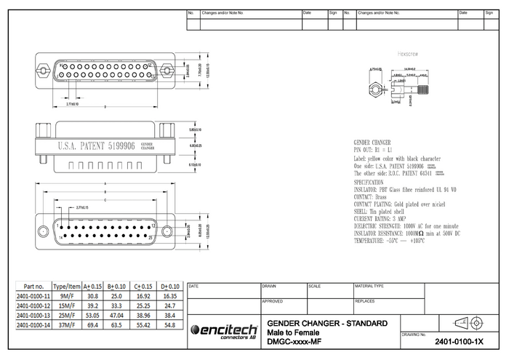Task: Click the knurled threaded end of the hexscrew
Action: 423,91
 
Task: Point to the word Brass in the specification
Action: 383,196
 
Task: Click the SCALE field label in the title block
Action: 315,287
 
